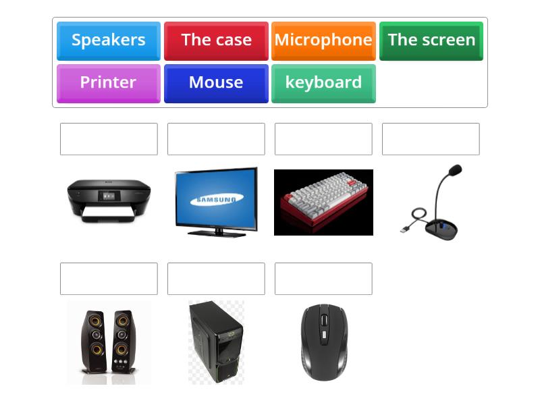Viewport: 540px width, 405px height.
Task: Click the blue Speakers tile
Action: pyautogui.click(x=109, y=40)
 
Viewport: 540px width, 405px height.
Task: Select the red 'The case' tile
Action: pyautogui.click(x=216, y=40)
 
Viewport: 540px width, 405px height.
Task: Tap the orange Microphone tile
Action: pyautogui.click(x=323, y=40)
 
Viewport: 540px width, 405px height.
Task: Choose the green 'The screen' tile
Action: pyautogui.click(x=431, y=40)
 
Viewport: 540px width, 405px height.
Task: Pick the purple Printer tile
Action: pyautogui.click(x=109, y=83)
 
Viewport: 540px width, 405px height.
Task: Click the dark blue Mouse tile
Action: pyautogui.click(x=216, y=83)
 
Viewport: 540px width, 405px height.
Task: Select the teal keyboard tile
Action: pyautogui.click(x=323, y=83)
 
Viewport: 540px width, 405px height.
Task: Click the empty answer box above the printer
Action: pyautogui.click(x=109, y=139)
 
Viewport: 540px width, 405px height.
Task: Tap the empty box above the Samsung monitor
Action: pyautogui.click(x=216, y=139)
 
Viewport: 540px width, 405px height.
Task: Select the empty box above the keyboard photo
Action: pyautogui.click(x=323, y=139)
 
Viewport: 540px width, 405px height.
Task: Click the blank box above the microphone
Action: pyautogui.click(x=431, y=139)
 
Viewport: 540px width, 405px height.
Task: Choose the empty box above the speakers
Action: pyautogui.click(x=109, y=279)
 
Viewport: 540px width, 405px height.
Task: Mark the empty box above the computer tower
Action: pyautogui.click(x=216, y=279)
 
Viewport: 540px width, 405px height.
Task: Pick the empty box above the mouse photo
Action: pyautogui.click(x=323, y=279)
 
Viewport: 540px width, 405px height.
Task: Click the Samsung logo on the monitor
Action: pyautogui.click(x=217, y=199)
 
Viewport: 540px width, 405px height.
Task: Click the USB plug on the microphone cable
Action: pyautogui.click(x=404, y=230)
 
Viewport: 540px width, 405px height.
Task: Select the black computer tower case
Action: pyautogui.click(x=216, y=342)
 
